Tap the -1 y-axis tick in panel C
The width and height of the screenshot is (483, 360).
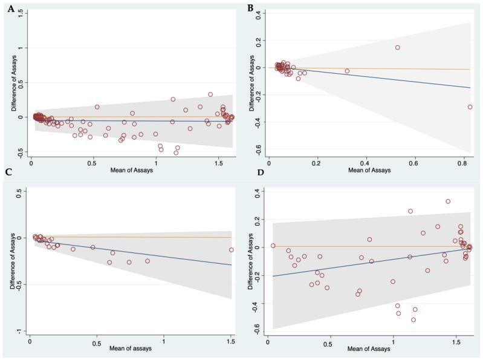tap(19, 331)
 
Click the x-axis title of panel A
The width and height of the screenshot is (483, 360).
tap(131, 171)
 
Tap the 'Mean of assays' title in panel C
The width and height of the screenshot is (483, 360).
tap(130, 349)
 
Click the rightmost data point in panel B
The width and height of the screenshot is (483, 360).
tap(470, 107)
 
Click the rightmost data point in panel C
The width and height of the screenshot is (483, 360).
tap(231, 250)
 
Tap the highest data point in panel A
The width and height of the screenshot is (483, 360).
tap(210, 94)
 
